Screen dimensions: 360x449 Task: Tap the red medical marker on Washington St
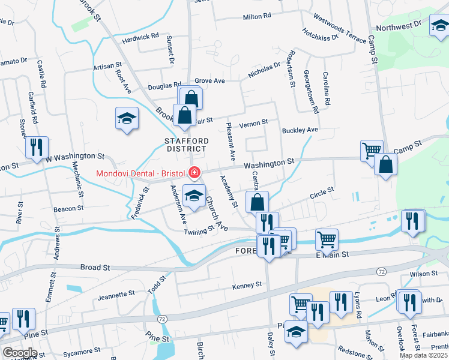click(194, 173)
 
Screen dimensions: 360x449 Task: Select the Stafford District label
click(187, 145)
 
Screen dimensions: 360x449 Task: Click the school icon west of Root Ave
click(127, 118)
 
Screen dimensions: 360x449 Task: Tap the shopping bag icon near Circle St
click(257, 202)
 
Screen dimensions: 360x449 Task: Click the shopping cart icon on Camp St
click(372, 150)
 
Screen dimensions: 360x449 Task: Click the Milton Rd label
click(257, 16)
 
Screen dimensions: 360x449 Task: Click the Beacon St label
click(68, 208)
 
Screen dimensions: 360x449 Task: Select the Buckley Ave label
click(300, 130)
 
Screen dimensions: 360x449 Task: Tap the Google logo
click(20, 353)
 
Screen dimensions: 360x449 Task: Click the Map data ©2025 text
click(424, 355)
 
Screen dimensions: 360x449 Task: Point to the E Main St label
click(331, 254)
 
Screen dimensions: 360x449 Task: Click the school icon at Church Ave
click(194, 197)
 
